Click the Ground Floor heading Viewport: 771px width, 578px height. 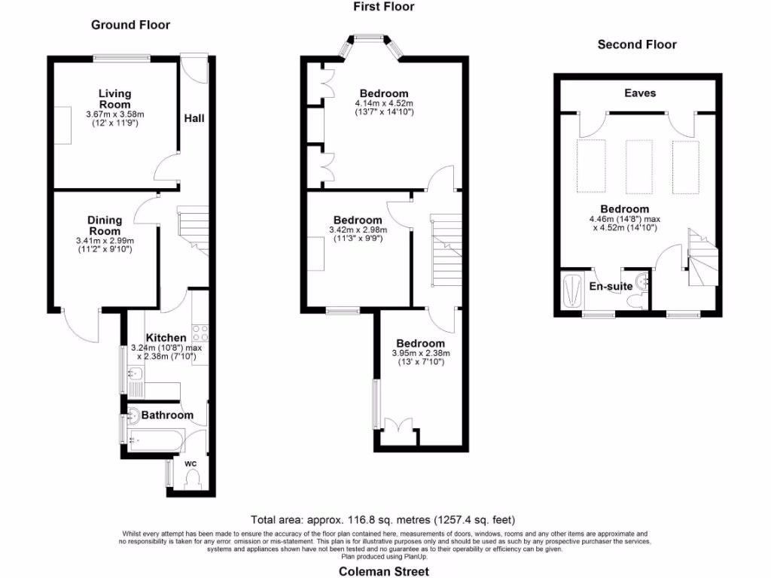coord(130,25)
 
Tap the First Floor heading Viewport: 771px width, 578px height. coord(383,7)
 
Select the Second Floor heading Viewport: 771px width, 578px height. coord(637,44)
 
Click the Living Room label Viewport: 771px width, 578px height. coord(114,99)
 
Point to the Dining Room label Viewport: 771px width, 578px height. coord(105,226)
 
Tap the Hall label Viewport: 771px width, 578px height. coord(194,118)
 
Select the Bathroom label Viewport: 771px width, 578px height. coord(167,415)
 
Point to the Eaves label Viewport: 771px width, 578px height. coord(639,93)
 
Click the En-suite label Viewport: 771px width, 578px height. coord(608,286)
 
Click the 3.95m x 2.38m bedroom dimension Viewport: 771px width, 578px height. coord(421,353)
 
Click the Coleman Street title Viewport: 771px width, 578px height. coord(383,571)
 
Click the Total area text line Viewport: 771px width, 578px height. coord(383,519)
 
